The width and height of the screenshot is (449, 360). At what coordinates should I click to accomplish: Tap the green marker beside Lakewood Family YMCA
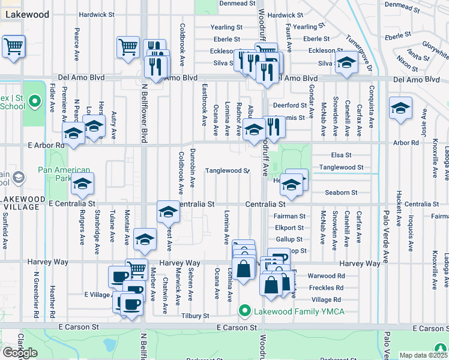[244, 311]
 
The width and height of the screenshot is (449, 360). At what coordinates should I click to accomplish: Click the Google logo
[20, 353]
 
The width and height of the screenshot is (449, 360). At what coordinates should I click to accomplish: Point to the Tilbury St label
[196, 316]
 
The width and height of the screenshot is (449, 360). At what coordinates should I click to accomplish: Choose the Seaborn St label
[341, 193]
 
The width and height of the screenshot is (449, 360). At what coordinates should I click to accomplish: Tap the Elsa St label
[342, 155]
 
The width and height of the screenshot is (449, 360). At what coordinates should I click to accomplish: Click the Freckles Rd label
[327, 287]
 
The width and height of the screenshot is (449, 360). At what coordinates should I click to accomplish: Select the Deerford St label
[290, 105]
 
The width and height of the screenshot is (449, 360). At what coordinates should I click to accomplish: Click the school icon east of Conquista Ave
[400, 109]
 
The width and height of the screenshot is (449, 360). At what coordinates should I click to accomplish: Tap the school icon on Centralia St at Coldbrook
[168, 211]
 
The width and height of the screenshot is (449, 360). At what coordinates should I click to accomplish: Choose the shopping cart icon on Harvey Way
[136, 269]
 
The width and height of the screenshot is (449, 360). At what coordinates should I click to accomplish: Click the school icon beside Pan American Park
[83, 184]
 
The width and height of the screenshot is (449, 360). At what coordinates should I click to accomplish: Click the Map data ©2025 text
[423, 355]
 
